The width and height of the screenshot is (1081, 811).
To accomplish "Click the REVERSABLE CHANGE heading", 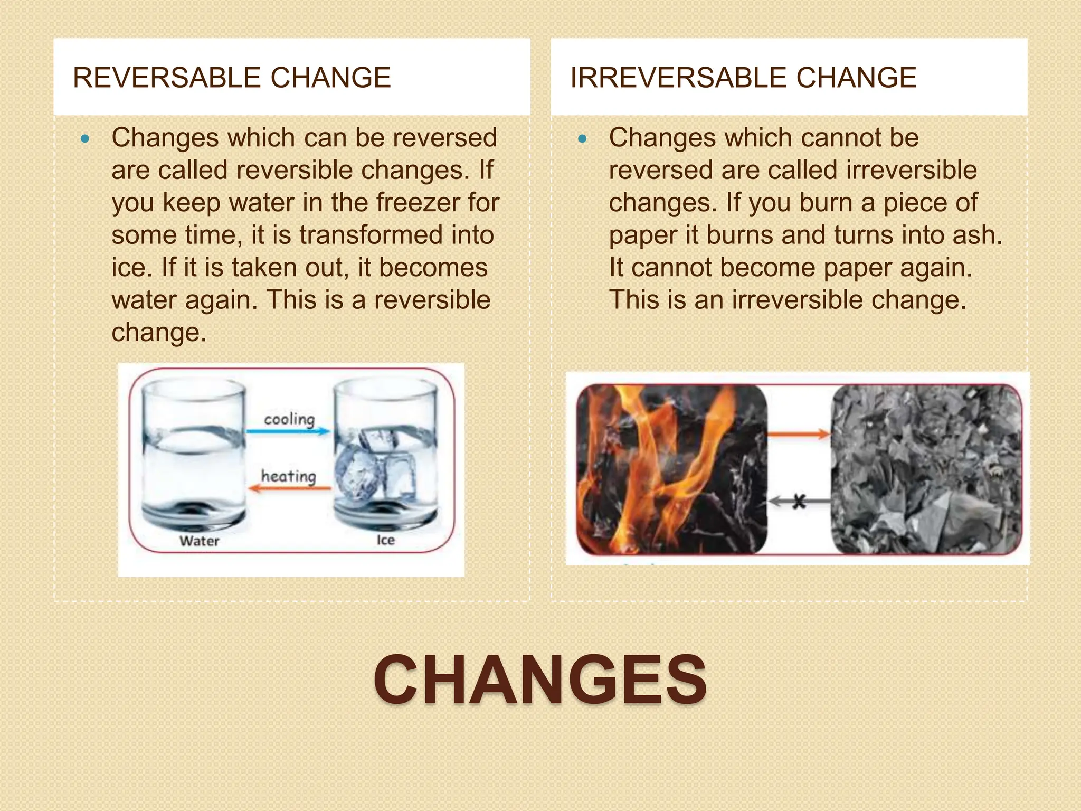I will click(x=232, y=78).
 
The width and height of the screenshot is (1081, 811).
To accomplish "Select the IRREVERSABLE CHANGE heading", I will click(x=743, y=78).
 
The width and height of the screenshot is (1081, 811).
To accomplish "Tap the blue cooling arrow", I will click(x=288, y=431).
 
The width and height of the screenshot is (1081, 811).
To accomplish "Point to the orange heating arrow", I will click(x=289, y=488).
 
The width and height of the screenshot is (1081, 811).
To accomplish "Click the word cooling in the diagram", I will click(x=289, y=419).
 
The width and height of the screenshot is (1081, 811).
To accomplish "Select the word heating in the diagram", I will click(x=289, y=476).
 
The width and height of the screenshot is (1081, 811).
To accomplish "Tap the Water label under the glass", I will click(x=199, y=541).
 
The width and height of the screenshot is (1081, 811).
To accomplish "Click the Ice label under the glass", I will click(x=385, y=540).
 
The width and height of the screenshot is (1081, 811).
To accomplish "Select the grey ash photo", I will click(x=926, y=469).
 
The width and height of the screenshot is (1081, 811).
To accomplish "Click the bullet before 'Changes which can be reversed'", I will click(x=85, y=140).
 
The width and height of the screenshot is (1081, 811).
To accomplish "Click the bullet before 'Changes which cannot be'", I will click(x=582, y=140).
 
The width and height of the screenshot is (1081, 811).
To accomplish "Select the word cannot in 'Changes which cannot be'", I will click(x=838, y=138).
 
